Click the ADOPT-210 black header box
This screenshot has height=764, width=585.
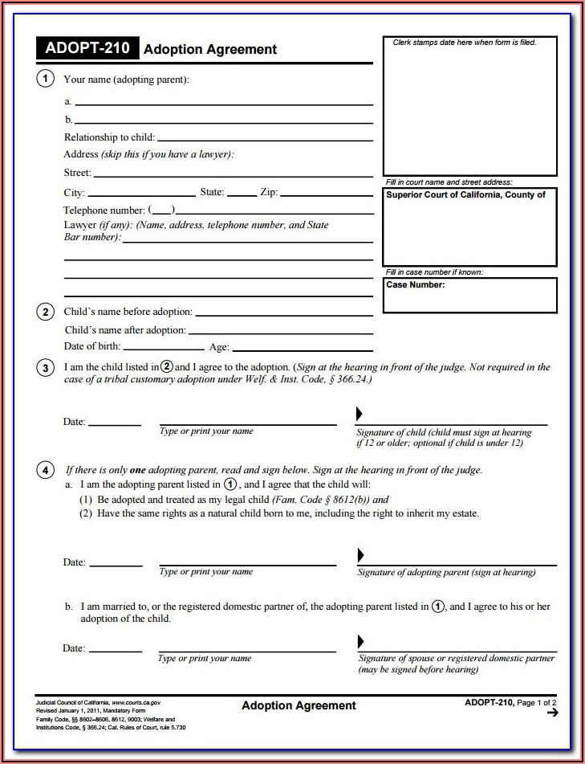point(87,48)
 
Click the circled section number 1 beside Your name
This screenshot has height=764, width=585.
point(46,79)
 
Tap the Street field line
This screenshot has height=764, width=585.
point(233,174)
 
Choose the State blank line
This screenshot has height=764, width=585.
point(242,194)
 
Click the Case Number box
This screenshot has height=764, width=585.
point(469,295)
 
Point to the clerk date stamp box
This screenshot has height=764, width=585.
point(469,106)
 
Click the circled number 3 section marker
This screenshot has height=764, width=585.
point(46,368)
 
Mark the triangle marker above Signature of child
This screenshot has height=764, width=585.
point(360,413)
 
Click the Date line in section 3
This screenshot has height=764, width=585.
point(115,424)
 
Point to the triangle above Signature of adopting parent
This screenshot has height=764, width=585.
point(360,554)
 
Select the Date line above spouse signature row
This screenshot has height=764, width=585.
point(113,650)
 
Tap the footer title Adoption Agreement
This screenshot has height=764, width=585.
point(299,706)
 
